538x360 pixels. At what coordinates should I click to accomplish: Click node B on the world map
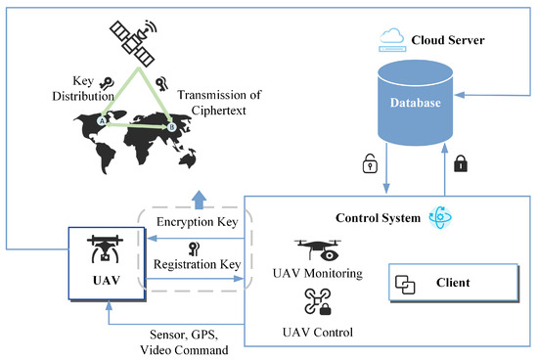click(172, 126)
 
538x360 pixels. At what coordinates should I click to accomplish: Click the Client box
click(452, 283)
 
